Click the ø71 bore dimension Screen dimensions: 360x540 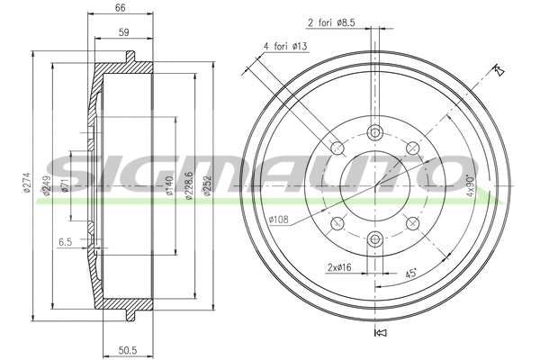pyautogui.click(x=66, y=186)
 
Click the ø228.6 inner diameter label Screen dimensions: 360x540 pyautogui.click(x=188, y=186)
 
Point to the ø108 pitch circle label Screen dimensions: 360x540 pyautogui.click(x=279, y=218)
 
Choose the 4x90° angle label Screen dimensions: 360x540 pyautogui.click(x=469, y=186)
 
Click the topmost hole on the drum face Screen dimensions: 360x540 pyautogui.click(x=373, y=132)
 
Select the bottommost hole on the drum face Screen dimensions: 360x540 pyautogui.click(x=373, y=238)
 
